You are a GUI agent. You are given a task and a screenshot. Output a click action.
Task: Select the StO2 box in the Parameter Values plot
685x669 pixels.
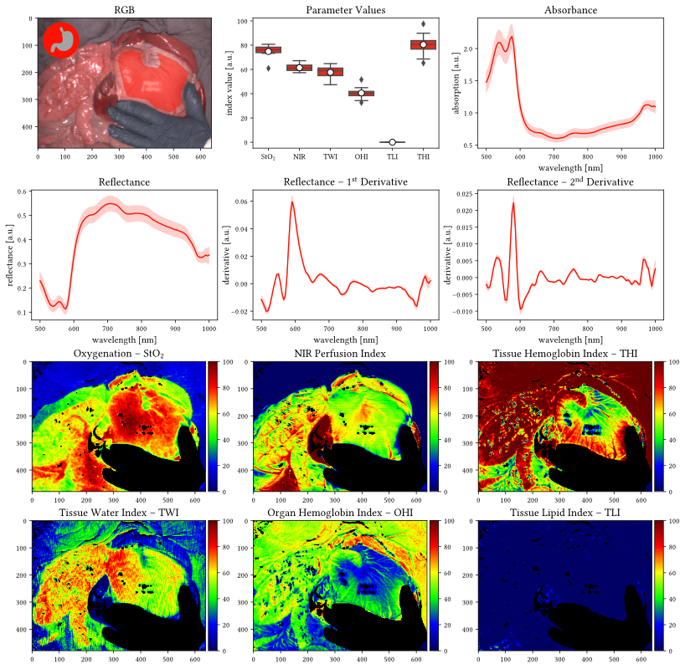point(269,50)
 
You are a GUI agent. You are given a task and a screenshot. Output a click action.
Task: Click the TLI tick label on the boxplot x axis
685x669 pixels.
point(392,156)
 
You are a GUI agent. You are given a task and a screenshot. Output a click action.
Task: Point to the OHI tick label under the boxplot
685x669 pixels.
point(362,156)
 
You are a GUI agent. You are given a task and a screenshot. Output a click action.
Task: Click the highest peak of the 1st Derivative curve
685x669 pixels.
point(293,202)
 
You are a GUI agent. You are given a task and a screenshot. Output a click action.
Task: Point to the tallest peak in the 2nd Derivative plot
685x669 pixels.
point(512,202)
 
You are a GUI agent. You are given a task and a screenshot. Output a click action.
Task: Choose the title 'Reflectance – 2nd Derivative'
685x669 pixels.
point(571,181)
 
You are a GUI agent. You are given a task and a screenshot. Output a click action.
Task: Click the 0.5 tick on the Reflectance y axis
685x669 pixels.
point(23,216)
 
